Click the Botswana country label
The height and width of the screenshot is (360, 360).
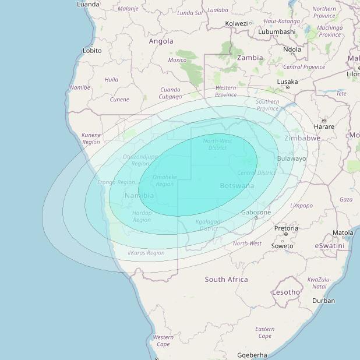coord(237,186)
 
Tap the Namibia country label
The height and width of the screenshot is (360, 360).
coord(139,196)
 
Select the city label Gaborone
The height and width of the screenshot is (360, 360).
coord(256,213)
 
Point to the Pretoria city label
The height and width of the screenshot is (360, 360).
coord(286,228)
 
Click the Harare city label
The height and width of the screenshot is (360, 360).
coord(324,126)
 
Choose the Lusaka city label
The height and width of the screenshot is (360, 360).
coord(287,82)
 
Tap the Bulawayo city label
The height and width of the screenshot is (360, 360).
coord(292,158)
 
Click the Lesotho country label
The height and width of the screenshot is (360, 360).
coord(286,292)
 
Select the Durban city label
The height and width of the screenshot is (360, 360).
coord(323,301)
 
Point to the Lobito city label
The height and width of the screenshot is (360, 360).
coord(92,51)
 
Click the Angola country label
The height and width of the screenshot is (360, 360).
coord(161,41)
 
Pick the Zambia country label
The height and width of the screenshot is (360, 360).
coord(250,58)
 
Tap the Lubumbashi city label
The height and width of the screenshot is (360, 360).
coord(276,31)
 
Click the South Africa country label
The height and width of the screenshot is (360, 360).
coord(226,280)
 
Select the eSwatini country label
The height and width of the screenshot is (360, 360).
coord(330,246)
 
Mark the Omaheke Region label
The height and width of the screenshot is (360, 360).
coord(164,181)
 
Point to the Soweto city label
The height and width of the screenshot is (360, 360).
coord(283,246)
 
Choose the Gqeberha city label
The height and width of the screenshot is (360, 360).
coord(252,355)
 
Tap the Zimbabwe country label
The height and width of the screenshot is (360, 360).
coord(302,138)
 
